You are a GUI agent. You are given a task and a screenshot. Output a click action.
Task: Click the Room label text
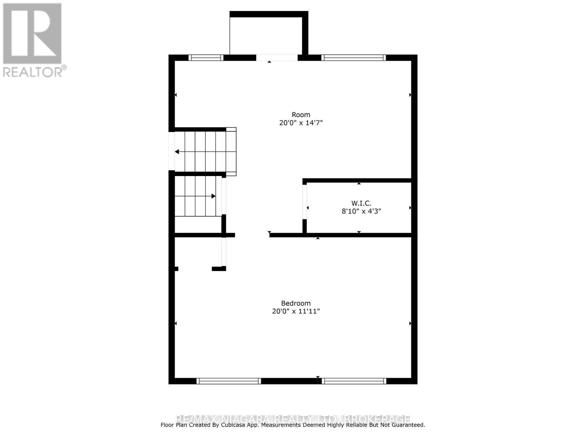point(301,115)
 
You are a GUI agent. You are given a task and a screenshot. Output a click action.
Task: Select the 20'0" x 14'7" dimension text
point(301,123)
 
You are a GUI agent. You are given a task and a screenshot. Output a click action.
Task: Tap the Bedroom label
point(296,303)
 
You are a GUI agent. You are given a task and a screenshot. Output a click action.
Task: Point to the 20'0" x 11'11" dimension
point(296,311)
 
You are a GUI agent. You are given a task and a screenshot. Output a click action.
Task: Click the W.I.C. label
point(361,203)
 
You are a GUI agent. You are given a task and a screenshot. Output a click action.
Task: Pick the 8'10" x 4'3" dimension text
point(361,211)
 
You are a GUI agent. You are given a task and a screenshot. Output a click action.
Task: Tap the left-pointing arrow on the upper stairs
point(177,152)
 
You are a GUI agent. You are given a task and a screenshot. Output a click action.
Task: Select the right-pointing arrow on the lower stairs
point(214,196)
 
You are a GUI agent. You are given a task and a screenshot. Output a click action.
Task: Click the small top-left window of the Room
point(206,58)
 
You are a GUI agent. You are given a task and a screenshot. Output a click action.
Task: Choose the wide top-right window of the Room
point(354,58)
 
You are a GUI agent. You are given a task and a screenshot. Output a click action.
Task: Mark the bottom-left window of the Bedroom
point(229,381)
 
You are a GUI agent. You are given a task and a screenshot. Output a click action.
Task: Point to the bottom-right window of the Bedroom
point(354,381)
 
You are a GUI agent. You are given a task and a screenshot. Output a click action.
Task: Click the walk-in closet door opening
point(305,202)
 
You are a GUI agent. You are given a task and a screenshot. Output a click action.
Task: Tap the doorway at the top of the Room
point(277,58)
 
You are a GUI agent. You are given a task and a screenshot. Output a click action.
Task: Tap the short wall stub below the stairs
point(219,269)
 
